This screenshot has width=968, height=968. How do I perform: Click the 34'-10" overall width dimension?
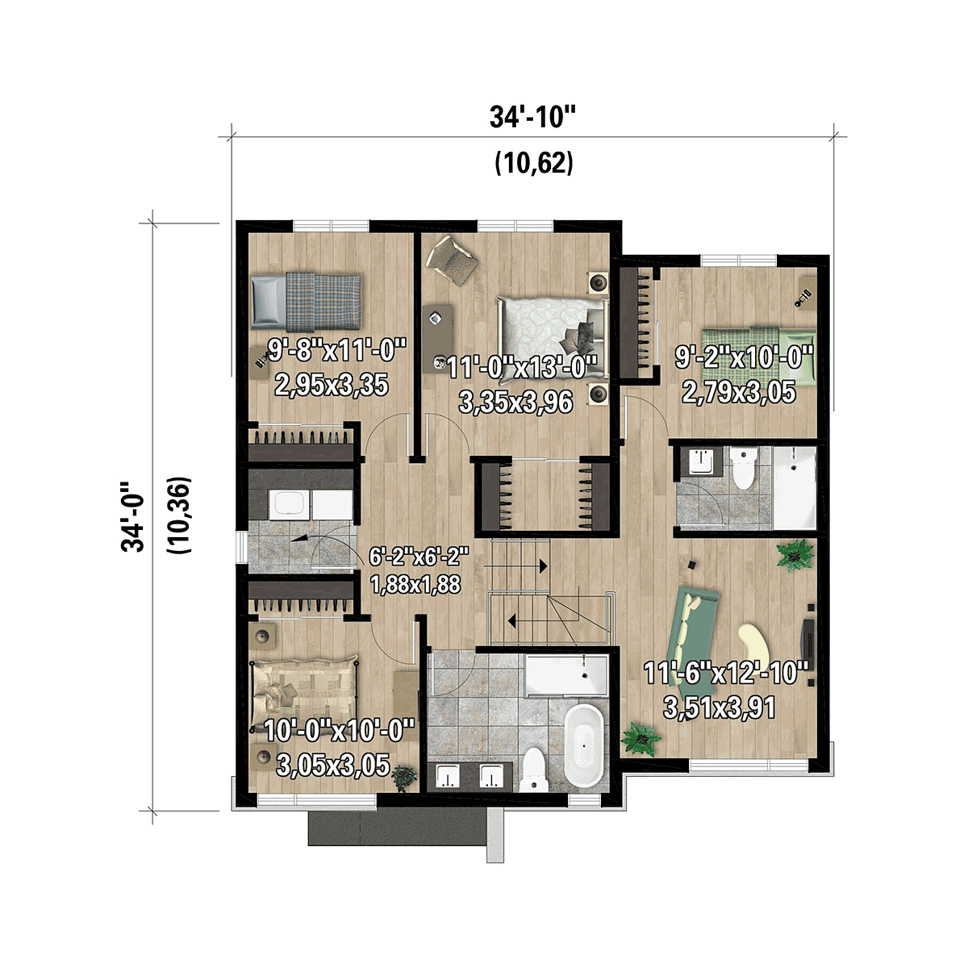tap(532, 118)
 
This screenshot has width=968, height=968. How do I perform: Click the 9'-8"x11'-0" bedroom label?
tap(336, 351)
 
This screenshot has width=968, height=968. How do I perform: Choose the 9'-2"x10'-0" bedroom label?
tap(743, 357)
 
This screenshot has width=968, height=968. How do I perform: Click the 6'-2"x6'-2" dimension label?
tap(418, 557)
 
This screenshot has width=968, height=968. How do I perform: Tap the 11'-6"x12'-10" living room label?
tap(725, 674)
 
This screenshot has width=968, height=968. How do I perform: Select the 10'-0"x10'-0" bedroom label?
tap(339, 731)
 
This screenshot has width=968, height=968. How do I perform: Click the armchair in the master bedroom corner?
tap(453, 260)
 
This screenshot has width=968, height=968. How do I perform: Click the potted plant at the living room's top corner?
tap(795, 555)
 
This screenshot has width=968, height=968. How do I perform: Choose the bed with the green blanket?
tap(757, 345)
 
